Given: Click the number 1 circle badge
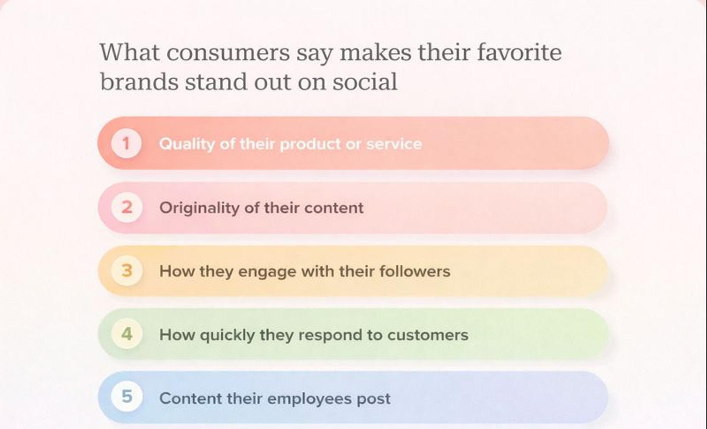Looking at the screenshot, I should click(x=126, y=143).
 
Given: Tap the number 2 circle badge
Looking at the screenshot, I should click(x=127, y=208).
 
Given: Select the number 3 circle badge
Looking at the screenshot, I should click(x=127, y=271).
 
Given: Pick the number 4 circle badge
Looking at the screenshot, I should click(x=127, y=334).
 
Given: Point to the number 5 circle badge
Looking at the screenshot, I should click(x=127, y=397).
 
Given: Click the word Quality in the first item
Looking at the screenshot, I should click(x=187, y=144).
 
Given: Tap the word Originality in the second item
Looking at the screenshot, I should click(x=199, y=208).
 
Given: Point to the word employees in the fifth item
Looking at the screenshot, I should click(x=309, y=399).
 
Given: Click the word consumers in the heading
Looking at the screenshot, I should click(x=228, y=53).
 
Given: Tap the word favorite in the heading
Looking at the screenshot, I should click(x=520, y=52).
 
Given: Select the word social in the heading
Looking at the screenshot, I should click(x=365, y=82).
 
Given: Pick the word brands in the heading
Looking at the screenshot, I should click(x=139, y=82).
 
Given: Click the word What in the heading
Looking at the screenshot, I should click(x=130, y=52).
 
